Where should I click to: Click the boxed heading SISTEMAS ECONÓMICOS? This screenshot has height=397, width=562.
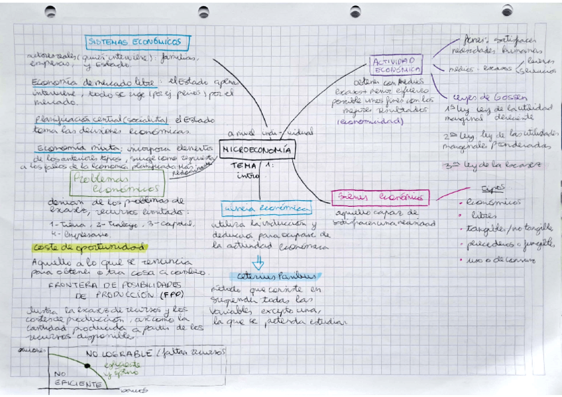click(x=138, y=42)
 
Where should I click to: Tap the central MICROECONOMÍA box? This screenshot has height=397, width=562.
click(x=258, y=150)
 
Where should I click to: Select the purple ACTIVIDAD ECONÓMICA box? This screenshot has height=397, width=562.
click(x=396, y=65)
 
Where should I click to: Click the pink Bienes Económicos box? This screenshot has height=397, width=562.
click(x=380, y=197)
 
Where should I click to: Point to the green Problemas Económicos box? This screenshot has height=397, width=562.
click(x=117, y=184)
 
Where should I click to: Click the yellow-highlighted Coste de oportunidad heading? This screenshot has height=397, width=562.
click(x=89, y=247)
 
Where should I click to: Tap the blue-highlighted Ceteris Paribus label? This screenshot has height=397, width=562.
click(x=275, y=276)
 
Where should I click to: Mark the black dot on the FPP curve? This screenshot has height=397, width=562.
click(x=87, y=366)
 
